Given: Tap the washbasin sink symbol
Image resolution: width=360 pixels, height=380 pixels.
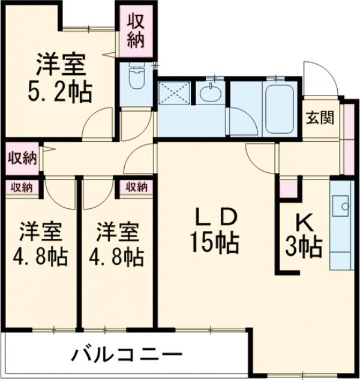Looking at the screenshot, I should pyautogui.click(x=211, y=94).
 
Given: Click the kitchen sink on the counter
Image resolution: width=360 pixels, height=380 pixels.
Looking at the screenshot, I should pyautogui.click(x=343, y=205).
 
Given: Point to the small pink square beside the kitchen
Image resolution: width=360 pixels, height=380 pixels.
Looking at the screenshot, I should pyautogui.click(x=288, y=188).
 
